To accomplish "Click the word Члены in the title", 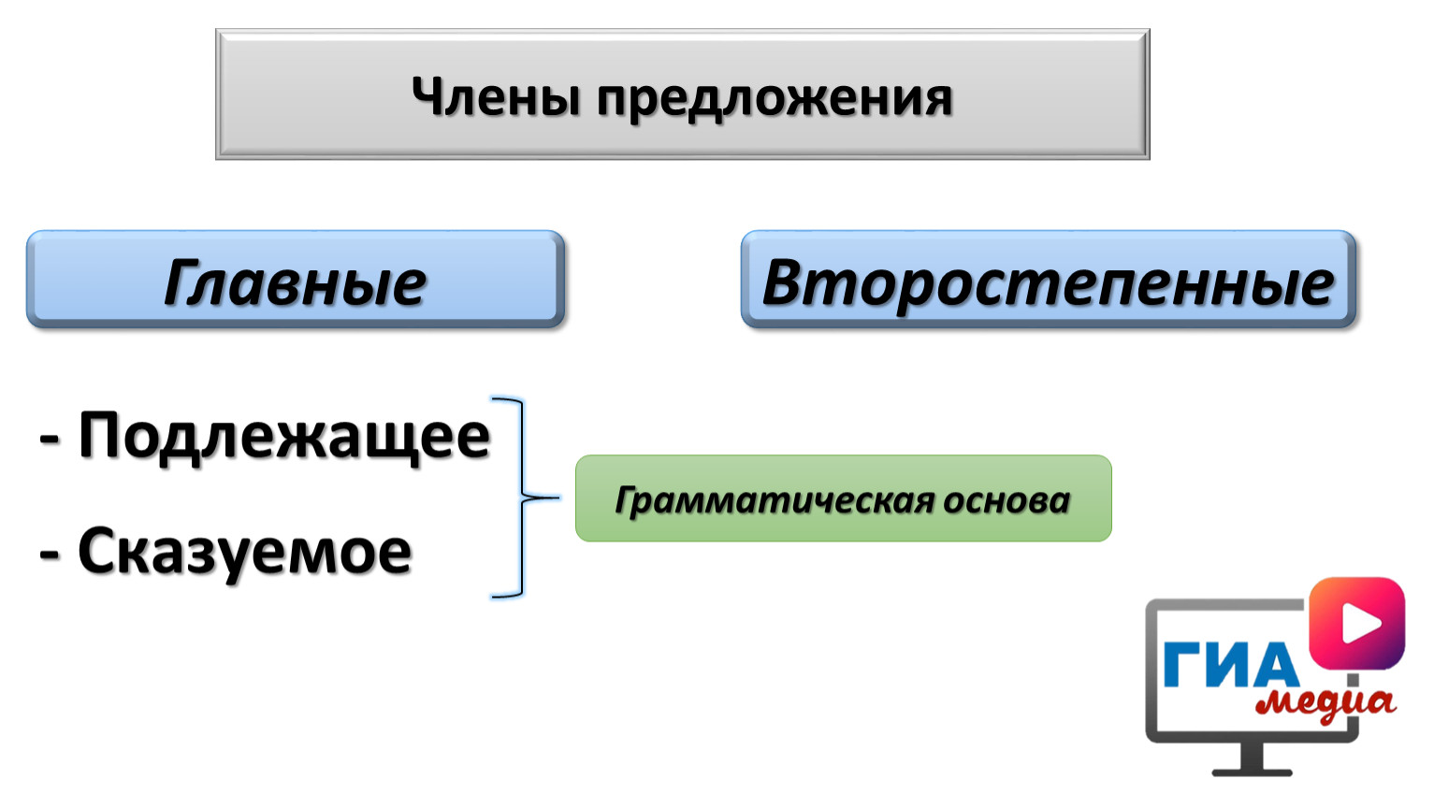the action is point(496,97).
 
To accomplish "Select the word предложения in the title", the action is point(775,100).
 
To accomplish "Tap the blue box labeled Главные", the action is point(295,279).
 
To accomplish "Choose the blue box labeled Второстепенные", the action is point(1048,279).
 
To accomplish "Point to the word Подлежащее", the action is point(284,437).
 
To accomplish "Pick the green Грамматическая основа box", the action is point(843,498).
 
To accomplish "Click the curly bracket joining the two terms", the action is point(522,497).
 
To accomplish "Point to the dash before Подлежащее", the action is point(50,440).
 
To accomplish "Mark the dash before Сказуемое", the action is point(50,555).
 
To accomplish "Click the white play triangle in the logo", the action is point(1360,623).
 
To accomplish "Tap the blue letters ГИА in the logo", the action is point(1230,665).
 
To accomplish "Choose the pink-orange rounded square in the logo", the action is point(1357,623).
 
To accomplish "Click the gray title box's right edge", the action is point(1148,94).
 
